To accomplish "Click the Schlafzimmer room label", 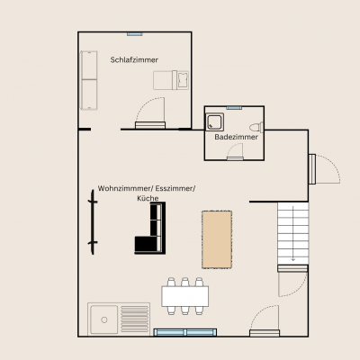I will pos(134,59).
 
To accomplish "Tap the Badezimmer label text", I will pos(237,138).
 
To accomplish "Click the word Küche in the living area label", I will pos(146,197).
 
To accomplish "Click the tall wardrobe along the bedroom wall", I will pos(88,79).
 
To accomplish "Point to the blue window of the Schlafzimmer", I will pos(134,34).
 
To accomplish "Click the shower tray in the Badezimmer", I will pos(217,122).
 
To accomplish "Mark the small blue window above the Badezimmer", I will pos(234,107).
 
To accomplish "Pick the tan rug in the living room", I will pos(216,238).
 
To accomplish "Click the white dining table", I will pos(184,295).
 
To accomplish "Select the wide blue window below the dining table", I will pos(184,332).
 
